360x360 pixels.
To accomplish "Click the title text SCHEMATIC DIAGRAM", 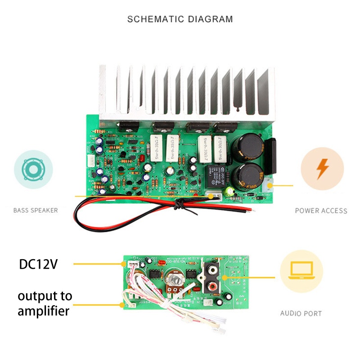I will [180, 19].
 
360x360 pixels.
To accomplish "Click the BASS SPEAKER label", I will [36, 210].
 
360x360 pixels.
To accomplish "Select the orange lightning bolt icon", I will [322, 170].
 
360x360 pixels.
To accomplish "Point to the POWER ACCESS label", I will [321, 211].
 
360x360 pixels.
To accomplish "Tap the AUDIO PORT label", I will [301, 313].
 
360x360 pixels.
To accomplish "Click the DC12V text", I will [39, 264].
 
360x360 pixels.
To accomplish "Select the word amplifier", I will [44, 310].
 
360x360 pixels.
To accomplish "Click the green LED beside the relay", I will [231, 191].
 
